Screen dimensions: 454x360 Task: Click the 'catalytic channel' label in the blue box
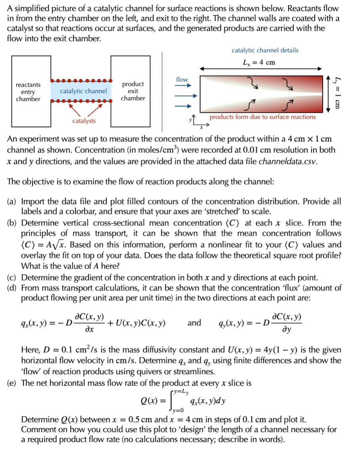coord(83,91)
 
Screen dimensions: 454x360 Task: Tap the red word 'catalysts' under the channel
coord(84,121)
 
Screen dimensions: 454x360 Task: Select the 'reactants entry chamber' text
coord(28,92)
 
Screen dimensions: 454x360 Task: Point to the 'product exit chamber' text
coord(133,91)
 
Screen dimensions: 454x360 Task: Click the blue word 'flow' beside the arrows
coord(182,80)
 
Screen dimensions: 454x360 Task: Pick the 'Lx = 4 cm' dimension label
coord(259,63)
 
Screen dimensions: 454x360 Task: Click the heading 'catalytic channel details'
coord(265,50)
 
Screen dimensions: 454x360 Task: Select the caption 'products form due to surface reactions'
coord(262,117)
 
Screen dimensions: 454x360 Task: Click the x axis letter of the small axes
coord(201,127)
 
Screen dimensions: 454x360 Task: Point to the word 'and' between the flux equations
coord(194,322)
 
